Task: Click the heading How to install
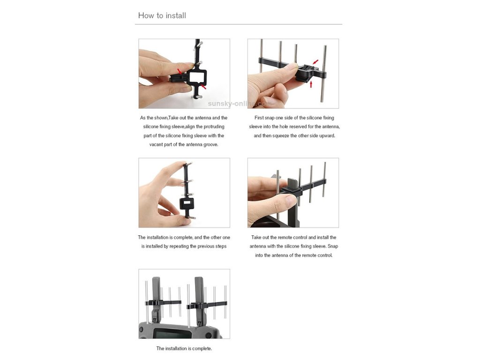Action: [162, 15]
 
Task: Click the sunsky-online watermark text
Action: [238, 104]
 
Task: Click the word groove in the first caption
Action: [210, 144]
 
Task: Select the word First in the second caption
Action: [259, 118]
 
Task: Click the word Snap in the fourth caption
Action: [333, 246]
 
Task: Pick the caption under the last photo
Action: [184, 348]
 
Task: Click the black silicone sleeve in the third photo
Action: [187, 203]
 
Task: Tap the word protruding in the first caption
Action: [214, 127]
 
